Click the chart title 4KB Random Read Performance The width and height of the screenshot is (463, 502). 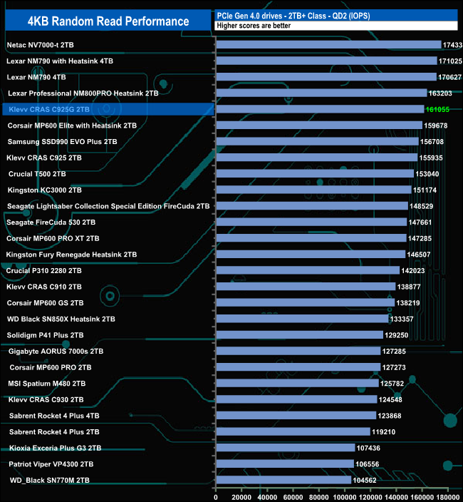click(x=108, y=21)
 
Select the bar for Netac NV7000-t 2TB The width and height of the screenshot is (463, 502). click(x=328, y=45)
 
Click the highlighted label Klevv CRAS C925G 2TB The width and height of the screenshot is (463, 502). click(x=48, y=109)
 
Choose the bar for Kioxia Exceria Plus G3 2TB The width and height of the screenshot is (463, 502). click(x=285, y=448)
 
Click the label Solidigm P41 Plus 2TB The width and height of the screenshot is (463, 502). click(x=45, y=334)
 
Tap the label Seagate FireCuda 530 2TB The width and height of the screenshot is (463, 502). click(x=50, y=222)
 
